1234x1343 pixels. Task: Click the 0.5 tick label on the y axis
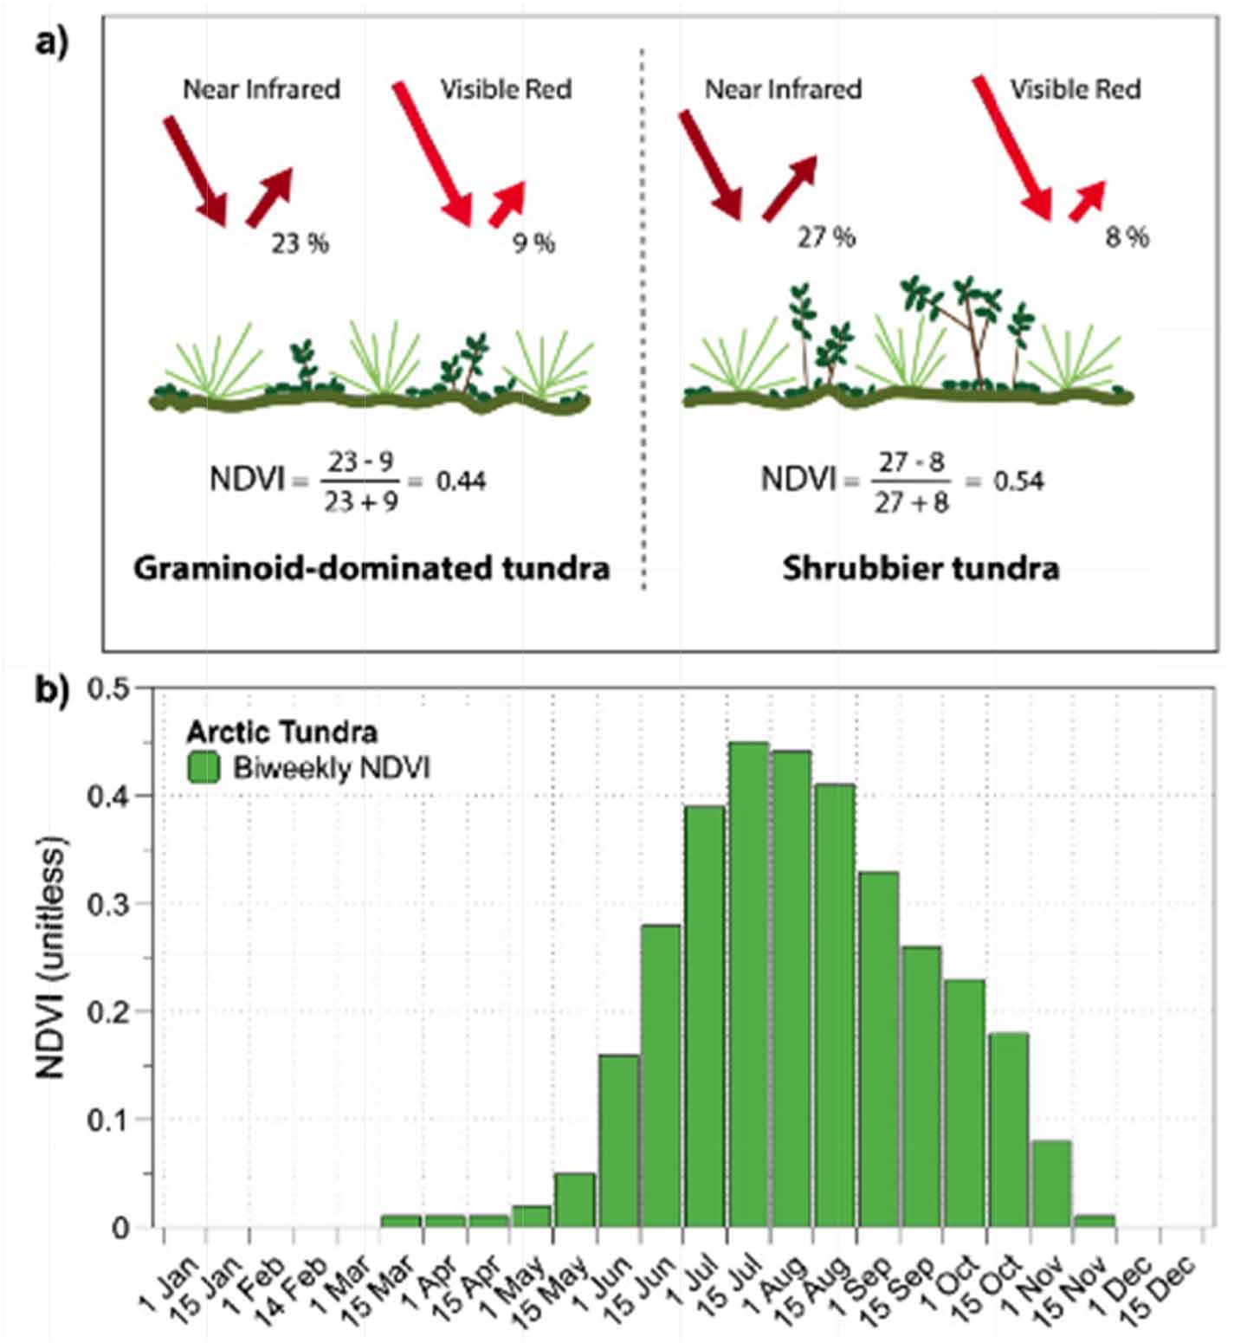tap(109, 689)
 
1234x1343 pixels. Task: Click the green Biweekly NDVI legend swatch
tap(204, 768)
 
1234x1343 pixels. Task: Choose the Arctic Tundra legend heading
tap(282, 733)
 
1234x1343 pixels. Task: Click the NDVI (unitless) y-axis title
tap(52, 956)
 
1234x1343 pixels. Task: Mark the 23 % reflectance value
tap(300, 243)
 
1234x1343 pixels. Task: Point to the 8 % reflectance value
tap(1127, 236)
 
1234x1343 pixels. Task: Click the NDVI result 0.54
tap(1018, 481)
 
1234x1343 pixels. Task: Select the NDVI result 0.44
tap(461, 481)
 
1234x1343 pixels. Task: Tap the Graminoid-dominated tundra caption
tap(371, 569)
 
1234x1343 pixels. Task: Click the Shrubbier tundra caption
tap(921, 569)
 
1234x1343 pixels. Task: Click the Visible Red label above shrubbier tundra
tap(1075, 88)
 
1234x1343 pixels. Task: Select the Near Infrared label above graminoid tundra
tap(262, 88)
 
